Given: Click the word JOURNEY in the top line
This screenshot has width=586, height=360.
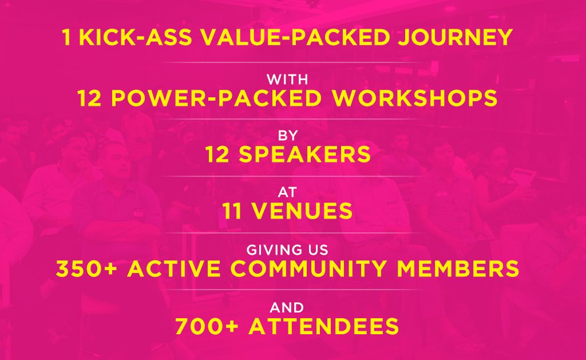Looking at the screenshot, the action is [455, 37].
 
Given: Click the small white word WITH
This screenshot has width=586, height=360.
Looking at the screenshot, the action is [287, 80].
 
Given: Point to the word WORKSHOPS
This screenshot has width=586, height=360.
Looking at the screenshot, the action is [415, 98].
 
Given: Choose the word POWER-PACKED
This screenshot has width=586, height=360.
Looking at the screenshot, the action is [216, 98].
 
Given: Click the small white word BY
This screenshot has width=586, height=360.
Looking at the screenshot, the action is [288, 135].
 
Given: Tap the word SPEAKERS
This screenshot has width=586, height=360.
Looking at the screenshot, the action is [304, 155].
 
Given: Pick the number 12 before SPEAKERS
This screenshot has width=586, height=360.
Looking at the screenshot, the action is [217, 155].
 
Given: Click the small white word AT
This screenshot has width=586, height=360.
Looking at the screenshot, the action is [287, 192].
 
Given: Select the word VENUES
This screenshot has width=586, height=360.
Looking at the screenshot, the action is [302, 211].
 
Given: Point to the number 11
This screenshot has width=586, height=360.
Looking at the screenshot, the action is [232, 211].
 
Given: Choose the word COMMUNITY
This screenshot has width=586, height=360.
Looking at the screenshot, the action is [308, 268].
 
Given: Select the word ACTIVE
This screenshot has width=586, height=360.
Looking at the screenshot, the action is [174, 268].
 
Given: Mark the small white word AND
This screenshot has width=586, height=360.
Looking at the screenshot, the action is [287, 308].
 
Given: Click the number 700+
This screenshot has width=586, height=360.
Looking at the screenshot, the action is [207, 326].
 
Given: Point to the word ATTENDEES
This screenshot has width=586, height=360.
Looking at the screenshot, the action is [324, 326].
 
